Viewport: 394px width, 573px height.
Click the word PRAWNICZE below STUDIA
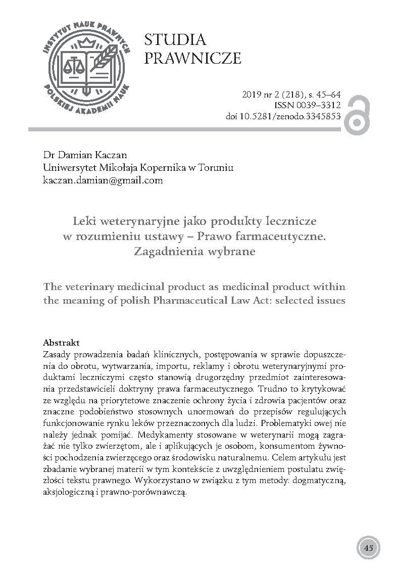tap(192, 59)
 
